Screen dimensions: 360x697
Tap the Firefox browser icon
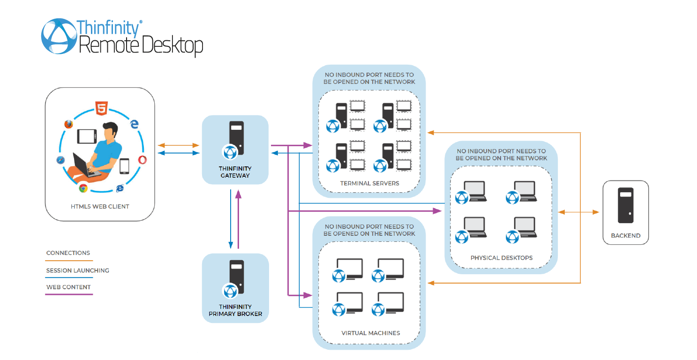pyautogui.click(x=69, y=124)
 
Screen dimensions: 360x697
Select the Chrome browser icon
pyautogui.click(x=83, y=188)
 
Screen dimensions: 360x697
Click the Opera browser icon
pyautogui.click(x=142, y=160)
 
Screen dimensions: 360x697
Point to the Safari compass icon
pyautogui.click(x=60, y=160)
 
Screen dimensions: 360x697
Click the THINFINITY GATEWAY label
pyautogui.click(x=235, y=172)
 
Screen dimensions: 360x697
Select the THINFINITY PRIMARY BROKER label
pyautogui.click(x=235, y=310)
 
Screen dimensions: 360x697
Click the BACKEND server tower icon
pyautogui.click(x=625, y=205)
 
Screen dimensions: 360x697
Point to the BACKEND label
pyautogui.click(x=625, y=236)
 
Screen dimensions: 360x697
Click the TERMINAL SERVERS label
pyautogui.click(x=369, y=183)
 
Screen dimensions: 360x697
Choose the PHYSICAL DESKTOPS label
pyautogui.click(x=501, y=258)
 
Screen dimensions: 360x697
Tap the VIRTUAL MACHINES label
pyautogui.click(x=370, y=333)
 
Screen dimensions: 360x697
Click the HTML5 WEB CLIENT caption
pyautogui.click(x=99, y=206)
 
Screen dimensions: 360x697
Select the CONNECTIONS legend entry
pyautogui.click(x=68, y=253)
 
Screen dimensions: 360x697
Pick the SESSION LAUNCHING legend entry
pyautogui.click(x=77, y=270)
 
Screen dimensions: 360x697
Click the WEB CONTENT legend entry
pyautogui.click(x=68, y=287)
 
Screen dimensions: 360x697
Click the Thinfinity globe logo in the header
pyautogui.click(x=58, y=36)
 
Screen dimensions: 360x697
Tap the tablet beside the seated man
pyautogui.click(x=87, y=136)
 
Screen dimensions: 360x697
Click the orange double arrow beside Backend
pyautogui.click(x=578, y=212)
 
